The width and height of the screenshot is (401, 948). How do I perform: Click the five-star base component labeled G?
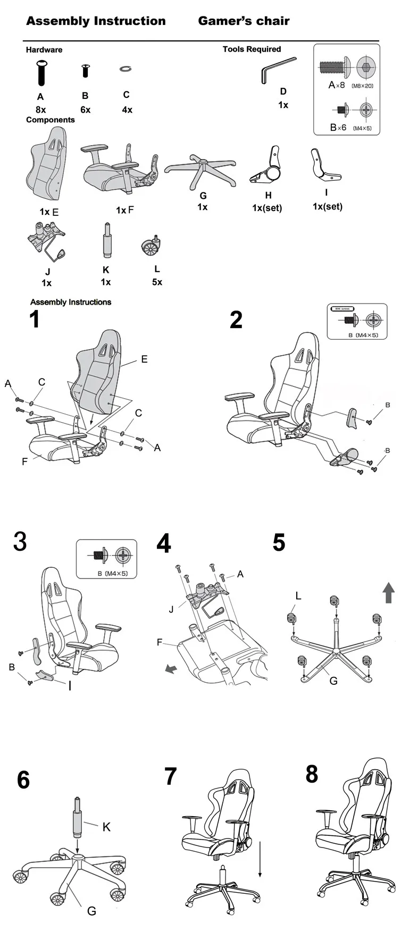[200, 170]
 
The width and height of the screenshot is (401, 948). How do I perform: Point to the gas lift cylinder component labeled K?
[106, 241]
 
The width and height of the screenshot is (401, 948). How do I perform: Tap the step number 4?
[164, 543]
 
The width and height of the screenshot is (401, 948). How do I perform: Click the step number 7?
[170, 776]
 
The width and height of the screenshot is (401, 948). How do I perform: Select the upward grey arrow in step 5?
[389, 592]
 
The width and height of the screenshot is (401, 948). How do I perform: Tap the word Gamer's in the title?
[222, 21]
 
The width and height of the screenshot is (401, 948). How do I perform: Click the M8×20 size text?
[363, 86]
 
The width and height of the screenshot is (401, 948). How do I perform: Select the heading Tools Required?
[252, 49]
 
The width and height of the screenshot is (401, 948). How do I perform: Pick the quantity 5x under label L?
[157, 282]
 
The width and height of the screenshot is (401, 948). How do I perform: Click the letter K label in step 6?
[106, 827]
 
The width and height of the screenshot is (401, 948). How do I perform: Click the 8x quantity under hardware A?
[40, 110]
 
